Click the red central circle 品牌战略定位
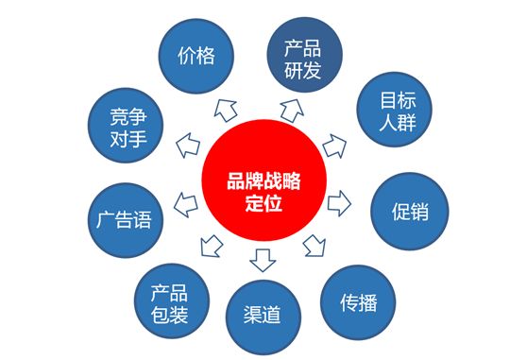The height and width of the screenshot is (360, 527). pyautogui.click(x=263, y=180)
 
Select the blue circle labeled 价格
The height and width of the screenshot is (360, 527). pyautogui.click(x=196, y=56)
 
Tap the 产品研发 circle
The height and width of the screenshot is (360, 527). pyautogui.click(x=304, y=55)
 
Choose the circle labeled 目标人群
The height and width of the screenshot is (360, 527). pyautogui.click(x=394, y=110)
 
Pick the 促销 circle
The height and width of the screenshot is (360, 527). pyautogui.click(x=410, y=211)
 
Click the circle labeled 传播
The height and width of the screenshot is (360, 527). pyautogui.click(x=358, y=302)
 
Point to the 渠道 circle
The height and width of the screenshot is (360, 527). pyautogui.click(x=263, y=317)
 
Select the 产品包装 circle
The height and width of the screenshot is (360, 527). pyautogui.click(x=172, y=301)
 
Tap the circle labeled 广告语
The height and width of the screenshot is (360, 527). pyautogui.click(x=126, y=220)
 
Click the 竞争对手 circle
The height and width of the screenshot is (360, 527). pyautogui.click(x=126, y=125)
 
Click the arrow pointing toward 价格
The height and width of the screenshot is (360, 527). pyautogui.click(x=226, y=110)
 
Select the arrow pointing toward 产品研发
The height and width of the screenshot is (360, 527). pyautogui.click(x=292, y=111)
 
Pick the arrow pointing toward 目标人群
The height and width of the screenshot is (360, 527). pyautogui.click(x=334, y=146)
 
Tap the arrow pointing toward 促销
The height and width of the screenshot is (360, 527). pyautogui.click(x=339, y=203)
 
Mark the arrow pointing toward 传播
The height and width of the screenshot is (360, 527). pyautogui.click(x=314, y=246)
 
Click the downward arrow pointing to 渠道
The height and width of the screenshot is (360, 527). pyautogui.click(x=263, y=260)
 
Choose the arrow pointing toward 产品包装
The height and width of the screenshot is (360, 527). pyautogui.click(x=212, y=246)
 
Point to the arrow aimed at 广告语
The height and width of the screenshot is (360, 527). pyautogui.click(x=186, y=205)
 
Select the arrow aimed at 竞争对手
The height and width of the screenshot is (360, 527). pyautogui.click(x=188, y=146)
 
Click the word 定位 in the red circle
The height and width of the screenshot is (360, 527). pyautogui.click(x=263, y=204)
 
